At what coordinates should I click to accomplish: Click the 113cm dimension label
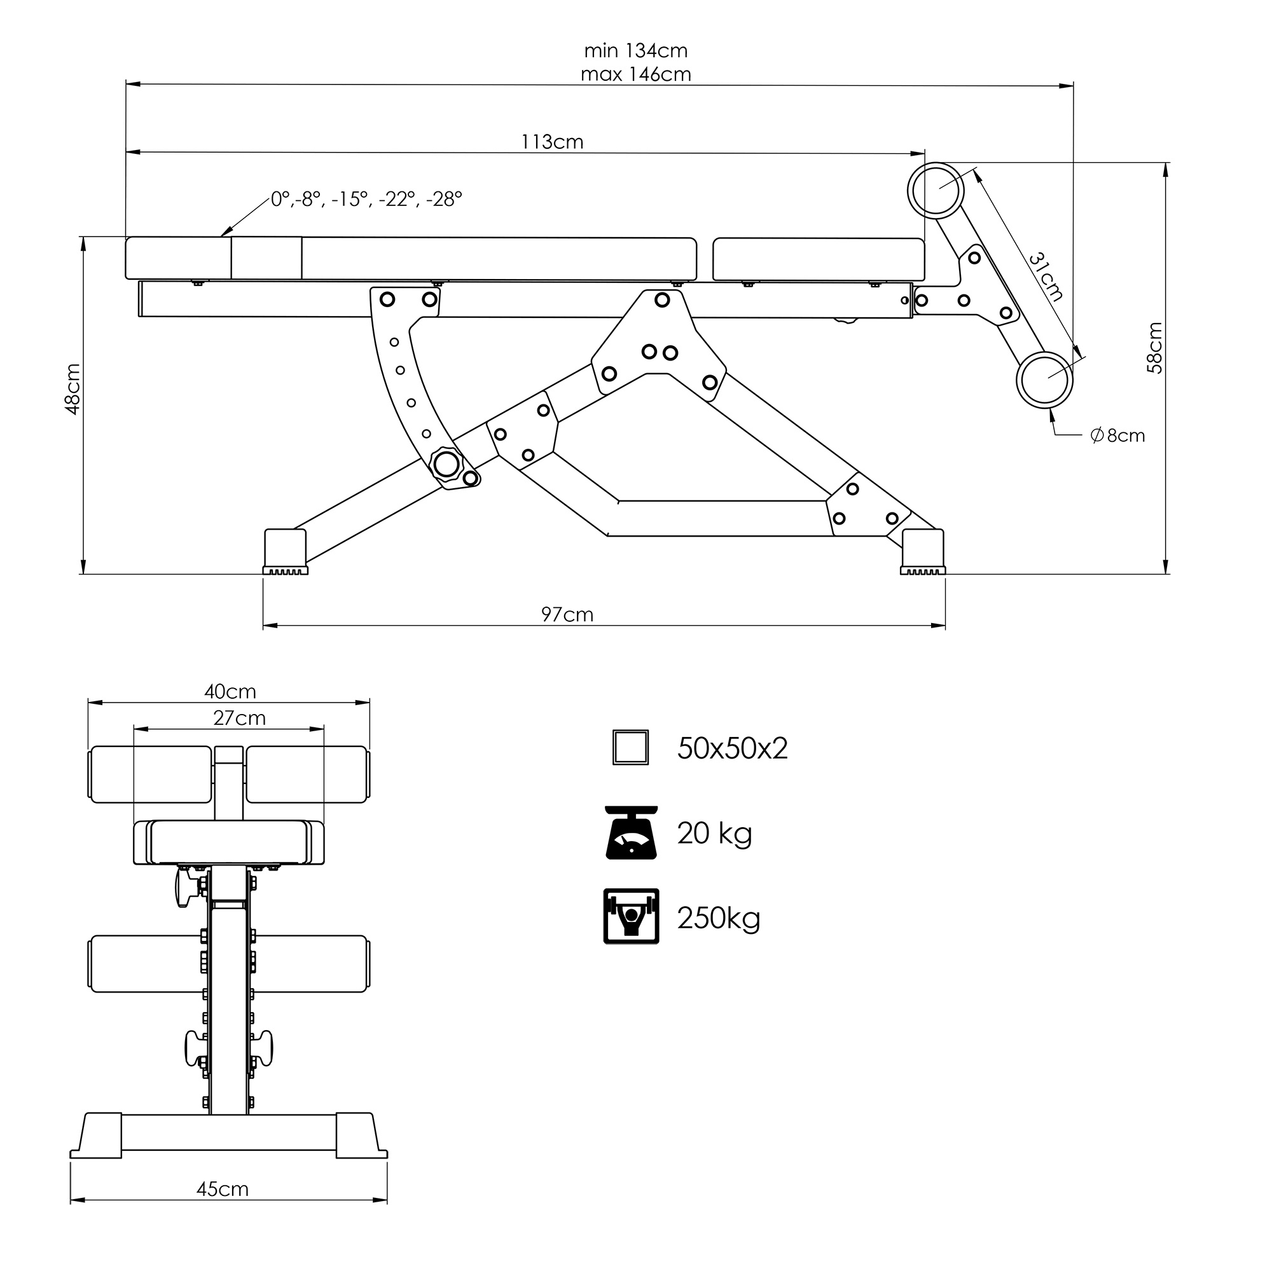tap(551, 142)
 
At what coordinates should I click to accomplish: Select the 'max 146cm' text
tap(635, 74)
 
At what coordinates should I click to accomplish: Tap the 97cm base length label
tap(567, 614)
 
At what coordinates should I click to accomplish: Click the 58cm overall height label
tap(1155, 348)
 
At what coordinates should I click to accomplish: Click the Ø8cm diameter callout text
tap(1117, 436)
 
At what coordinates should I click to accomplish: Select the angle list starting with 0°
tap(367, 199)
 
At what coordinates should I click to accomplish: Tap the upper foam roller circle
tap(936, 190)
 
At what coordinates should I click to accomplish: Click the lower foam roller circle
tap(1044, 380)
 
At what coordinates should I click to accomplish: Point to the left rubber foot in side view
tap(285, 552)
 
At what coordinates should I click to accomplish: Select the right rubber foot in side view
tap(922, 552)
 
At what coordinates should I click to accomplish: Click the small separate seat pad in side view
tap(819, 259)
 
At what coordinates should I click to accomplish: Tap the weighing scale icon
tap(632, 833)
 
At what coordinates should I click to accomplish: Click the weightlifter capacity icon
tap(631, 916)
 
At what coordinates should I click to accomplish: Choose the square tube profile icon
tap(630, 747)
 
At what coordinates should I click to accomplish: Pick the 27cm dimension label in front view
tap(239, 717)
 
